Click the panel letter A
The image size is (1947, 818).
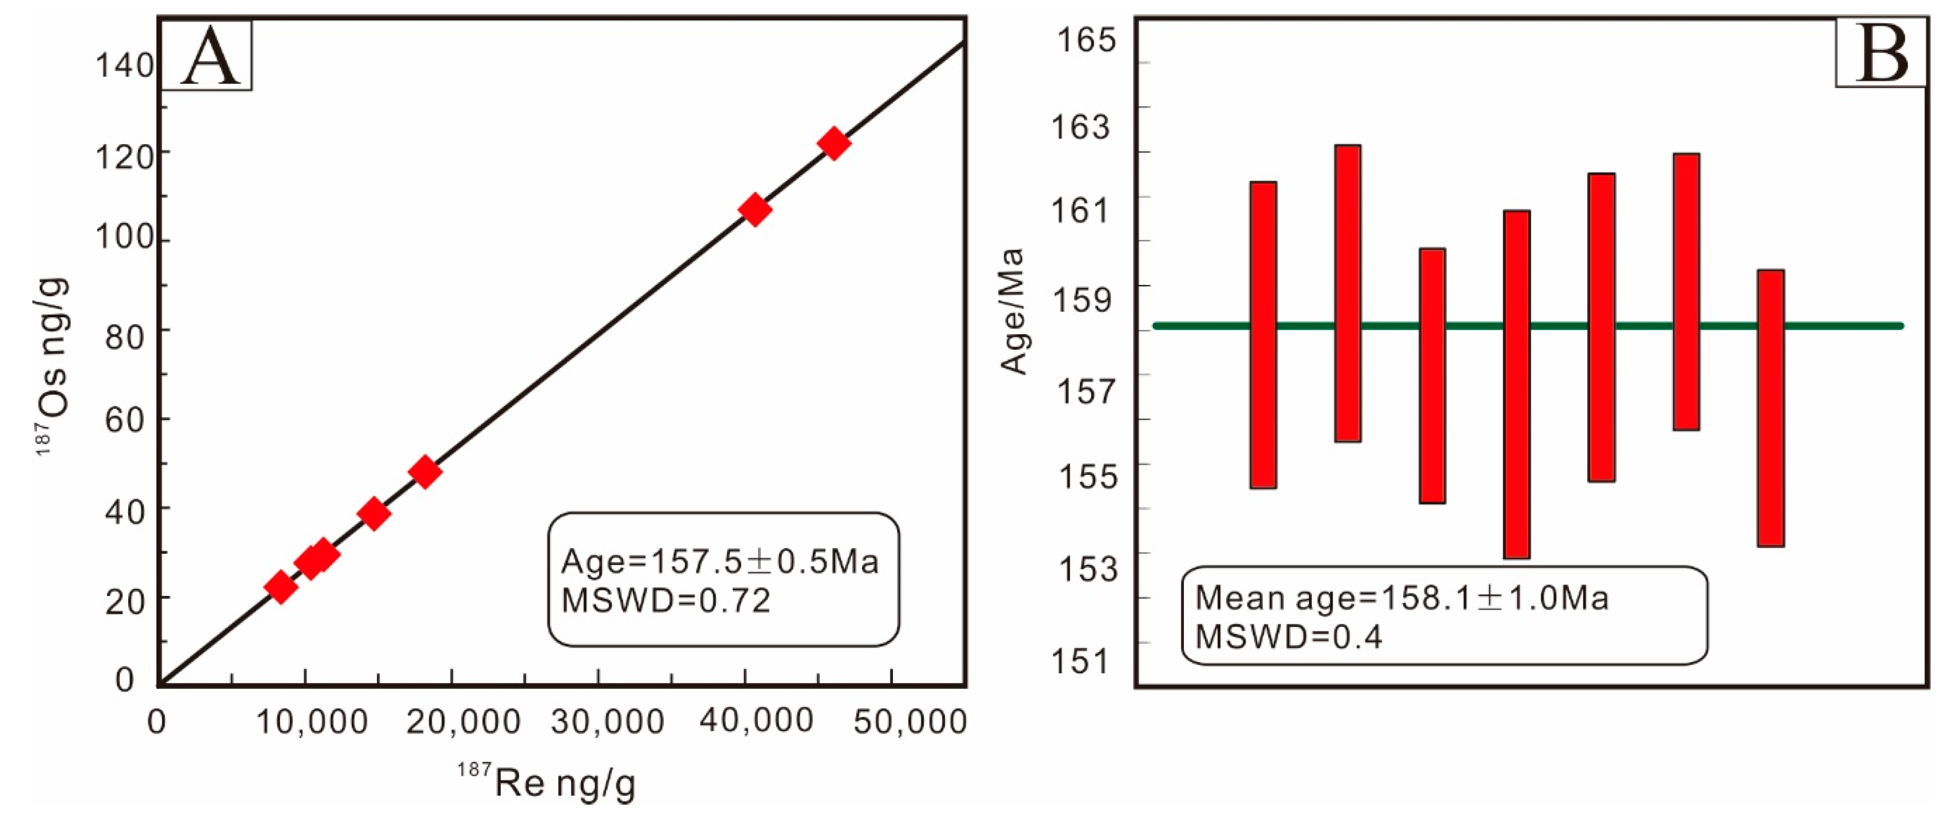[210, 57]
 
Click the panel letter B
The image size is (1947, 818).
[1881, 53]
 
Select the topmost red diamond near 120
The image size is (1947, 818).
[834, 143]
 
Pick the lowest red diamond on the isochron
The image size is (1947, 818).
[281, 587]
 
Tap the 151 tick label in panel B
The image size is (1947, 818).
[1081, 660]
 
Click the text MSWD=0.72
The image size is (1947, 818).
[665, 600]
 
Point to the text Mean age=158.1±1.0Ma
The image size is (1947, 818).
[1402, 597]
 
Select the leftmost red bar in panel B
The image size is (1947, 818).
[1263, 335]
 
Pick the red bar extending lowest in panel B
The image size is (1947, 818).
[1516, 384]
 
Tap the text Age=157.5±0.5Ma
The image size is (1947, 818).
[719, 561]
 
